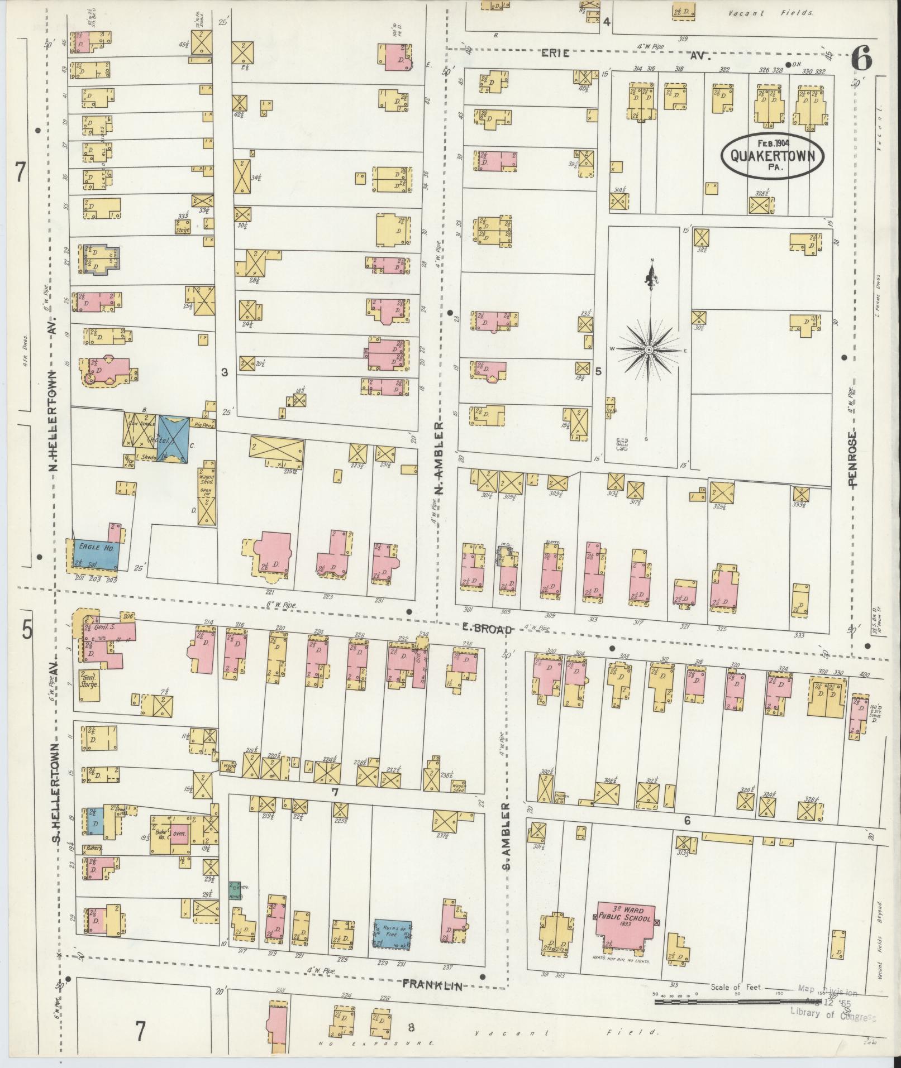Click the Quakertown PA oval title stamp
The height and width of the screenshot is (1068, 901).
[x=773, y=155]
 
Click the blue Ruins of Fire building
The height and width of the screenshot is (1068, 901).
[x=393, y=934]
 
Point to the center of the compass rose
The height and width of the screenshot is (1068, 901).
[x=649, y=349]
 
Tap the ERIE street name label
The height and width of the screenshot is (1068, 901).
[x=555, y=54]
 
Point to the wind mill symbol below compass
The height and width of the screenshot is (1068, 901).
[x=621, y=444]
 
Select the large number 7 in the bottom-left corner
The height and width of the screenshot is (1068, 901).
[x=140, y=1031]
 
